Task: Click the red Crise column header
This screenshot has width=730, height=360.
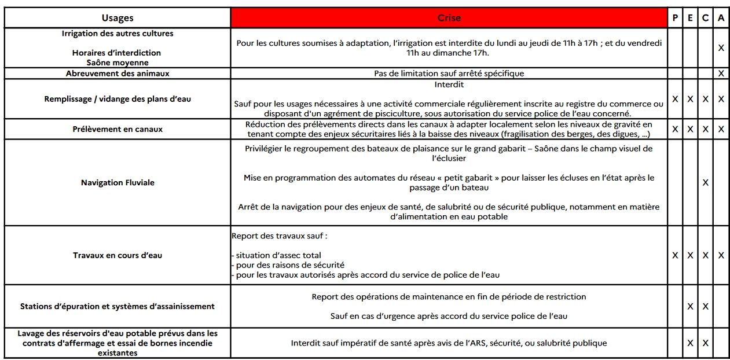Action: [x=449, y=18]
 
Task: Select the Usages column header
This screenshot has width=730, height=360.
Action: [x=118, y=18]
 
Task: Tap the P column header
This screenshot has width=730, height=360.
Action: [x=675, y=18]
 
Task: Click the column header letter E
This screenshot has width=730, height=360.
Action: [x=690, y=18]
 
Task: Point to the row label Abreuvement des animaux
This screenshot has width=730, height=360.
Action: [x=118, y=74]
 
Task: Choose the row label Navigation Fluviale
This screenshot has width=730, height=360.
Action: [x=118, y=182]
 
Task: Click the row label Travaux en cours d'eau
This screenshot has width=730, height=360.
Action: [x=118, y=255]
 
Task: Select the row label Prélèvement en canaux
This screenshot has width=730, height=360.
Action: [x=118, y=129]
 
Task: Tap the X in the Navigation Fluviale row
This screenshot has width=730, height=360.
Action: [x=705, y=182]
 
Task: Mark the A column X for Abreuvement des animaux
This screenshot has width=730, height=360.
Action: [x=721, y=74]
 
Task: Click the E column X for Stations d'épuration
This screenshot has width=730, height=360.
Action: [x=690, y=307]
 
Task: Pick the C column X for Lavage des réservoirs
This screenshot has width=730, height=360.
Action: [x=705, y=343]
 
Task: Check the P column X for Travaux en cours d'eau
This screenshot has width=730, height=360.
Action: [x=675, y=255]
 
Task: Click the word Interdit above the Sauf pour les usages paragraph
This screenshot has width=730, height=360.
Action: [x=449, y=84]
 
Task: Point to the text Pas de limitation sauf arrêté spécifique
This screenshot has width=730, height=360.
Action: [x=449, y=74]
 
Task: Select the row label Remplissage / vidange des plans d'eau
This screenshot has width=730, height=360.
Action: [x=118, y=99]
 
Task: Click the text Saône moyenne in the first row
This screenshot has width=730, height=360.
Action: [x=118, y=63]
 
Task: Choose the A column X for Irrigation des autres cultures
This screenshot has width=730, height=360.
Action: [x=721, y=48]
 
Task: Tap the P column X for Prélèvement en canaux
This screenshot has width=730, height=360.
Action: [x=675, y=129]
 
